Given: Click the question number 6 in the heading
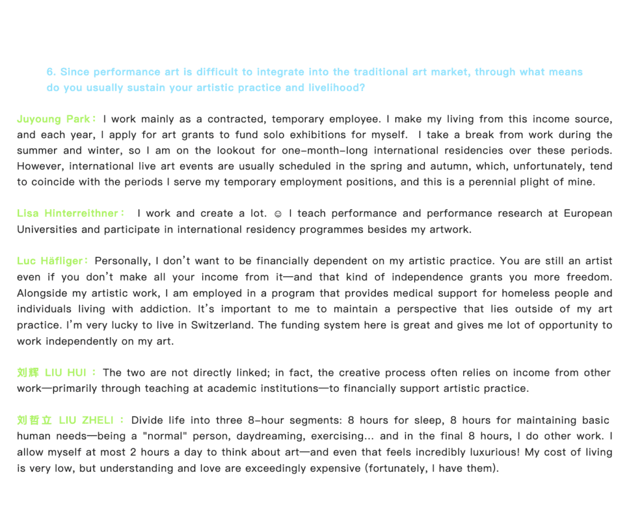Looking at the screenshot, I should click(50, 72).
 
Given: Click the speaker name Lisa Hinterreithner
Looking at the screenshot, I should click(68, 214).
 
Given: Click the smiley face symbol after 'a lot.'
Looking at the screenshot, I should click(278, 214).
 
